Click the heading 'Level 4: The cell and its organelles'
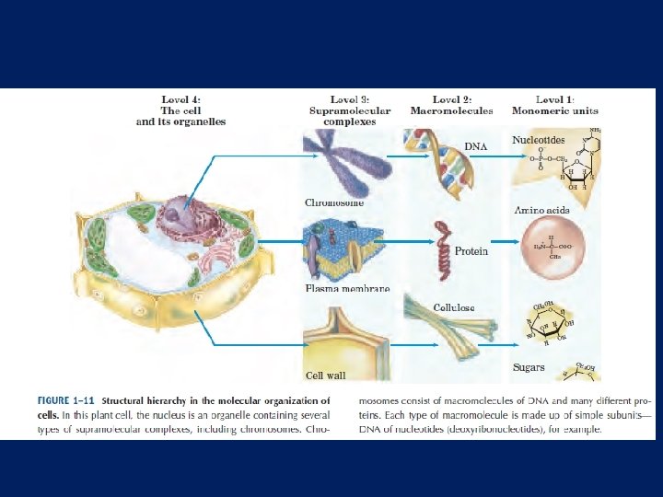[x=180, y=110]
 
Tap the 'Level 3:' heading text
[x=349, y=99]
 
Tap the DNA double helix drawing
[x=438, y=158]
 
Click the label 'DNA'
[x=475, y=146]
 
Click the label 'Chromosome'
[x=334, y=202]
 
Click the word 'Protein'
[x=471, y=251]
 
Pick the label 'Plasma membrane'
[x=347, y=288]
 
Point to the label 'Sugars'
[x=529, y=368]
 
